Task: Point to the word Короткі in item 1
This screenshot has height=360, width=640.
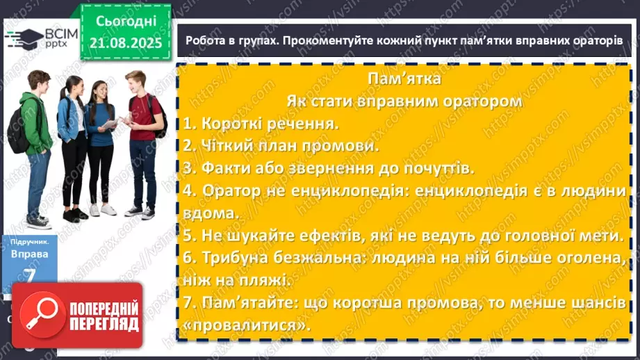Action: click(230, 124)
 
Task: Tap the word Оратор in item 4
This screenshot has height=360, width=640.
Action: click(236, 192)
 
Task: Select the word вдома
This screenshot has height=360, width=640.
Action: click(206, 214)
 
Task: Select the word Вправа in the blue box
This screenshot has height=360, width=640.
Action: click(29, 254)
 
